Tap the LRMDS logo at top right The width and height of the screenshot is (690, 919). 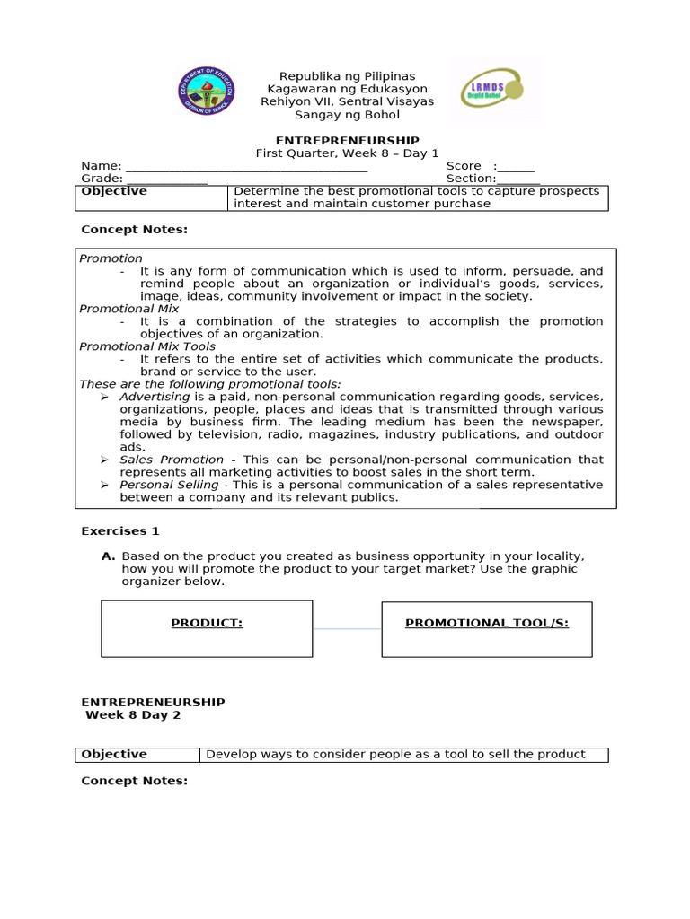pos(495,92)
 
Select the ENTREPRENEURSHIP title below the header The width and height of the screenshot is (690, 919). pos(347,140)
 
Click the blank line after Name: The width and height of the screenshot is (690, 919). pos(246,166)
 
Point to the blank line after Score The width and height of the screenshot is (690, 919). pos(516,166)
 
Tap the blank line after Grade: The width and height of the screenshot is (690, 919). pos(166,179)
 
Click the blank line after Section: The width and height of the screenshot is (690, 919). pos(518,179)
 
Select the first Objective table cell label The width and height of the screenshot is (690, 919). pos(114,191)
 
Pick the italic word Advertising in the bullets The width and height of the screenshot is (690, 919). pos(155,397)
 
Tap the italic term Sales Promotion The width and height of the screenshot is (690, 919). pos(172,459)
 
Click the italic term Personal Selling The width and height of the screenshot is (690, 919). pos(170,485)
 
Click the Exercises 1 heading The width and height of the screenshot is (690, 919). pos(120,531)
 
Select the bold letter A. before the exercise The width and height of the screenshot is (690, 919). pos(108,556)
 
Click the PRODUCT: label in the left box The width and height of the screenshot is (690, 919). pos(207,623)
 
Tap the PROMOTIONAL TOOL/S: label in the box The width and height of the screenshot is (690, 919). pos(487,623)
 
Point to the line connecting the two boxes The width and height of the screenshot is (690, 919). pos(347,629)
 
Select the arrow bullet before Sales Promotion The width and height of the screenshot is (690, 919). pos(104,459)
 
